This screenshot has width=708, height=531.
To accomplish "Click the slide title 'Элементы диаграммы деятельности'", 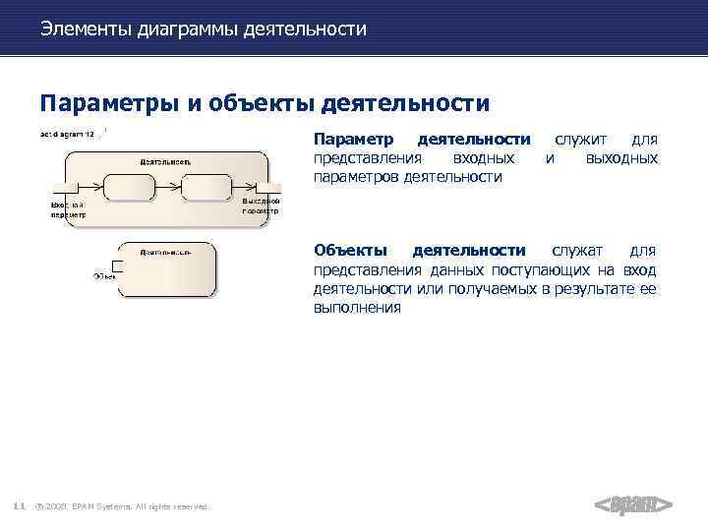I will [x=204, y=29].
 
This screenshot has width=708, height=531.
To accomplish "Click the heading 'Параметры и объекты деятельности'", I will [x=265, y=103].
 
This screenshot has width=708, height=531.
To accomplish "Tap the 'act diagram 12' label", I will [x=67, y=135].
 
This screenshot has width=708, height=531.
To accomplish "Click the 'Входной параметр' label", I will [x=68, y=208].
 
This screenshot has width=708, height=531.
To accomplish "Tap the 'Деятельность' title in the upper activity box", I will [x=165, y=160].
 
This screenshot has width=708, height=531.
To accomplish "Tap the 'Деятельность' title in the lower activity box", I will [x=164, y=253].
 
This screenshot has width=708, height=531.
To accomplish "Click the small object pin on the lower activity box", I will [x=116, y=266].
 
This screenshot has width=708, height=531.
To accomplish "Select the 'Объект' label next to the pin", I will [x=104, y=276].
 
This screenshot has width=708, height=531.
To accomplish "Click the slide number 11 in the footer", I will [x=19, y=505].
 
